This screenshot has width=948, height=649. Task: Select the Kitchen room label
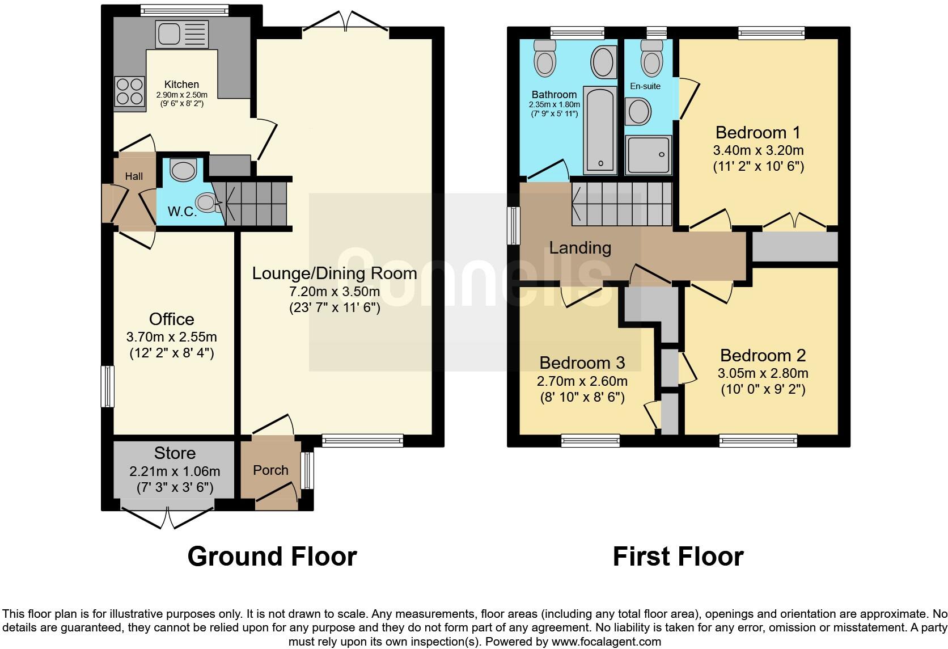pos(181,85)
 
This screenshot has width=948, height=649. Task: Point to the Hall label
pos(134,176)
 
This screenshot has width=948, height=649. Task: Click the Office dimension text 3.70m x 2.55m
pos(171,336)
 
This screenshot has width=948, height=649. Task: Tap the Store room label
pos(175,453)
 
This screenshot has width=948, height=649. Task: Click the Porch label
pos(270,470)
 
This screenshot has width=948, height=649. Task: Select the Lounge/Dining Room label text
pos(334,273)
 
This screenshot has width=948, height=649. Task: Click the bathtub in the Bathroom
pos(600,130)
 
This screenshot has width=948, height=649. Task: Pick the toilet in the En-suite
pos(650,58)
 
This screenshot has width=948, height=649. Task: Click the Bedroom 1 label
pos(757,133)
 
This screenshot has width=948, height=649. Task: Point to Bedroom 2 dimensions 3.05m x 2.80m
pos(763,373)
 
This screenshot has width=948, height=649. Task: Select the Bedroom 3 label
pos(582,363)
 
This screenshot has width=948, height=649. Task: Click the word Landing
pos(580,248)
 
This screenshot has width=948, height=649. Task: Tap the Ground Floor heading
pos(272,557)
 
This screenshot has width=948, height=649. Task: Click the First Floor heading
pos(678,557)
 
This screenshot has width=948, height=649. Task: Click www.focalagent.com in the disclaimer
pos(606,642)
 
